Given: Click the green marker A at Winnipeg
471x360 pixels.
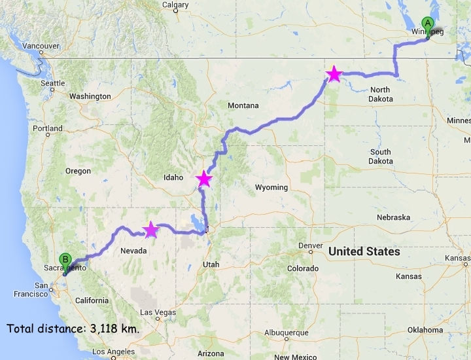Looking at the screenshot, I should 428,24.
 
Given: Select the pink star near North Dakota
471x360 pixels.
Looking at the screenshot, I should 334,74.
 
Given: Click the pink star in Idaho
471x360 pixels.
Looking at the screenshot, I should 205,178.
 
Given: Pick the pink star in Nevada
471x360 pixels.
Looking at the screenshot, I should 150,229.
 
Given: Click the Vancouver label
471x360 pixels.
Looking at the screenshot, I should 41,46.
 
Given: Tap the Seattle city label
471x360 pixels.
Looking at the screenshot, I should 53,83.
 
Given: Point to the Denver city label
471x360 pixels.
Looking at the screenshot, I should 310,245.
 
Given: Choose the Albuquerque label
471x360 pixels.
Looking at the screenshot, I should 285,332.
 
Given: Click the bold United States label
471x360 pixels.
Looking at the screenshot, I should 364,251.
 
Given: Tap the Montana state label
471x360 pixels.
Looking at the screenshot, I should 243,105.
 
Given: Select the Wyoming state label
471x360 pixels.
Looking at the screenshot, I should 271,187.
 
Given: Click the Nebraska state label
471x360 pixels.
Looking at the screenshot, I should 393,217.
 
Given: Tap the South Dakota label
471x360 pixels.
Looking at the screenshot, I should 380,156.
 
